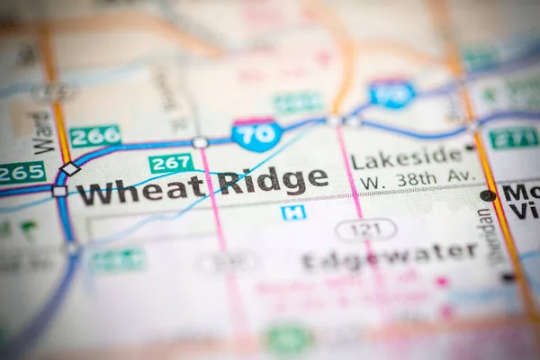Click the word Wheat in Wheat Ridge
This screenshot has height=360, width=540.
click(140, 189)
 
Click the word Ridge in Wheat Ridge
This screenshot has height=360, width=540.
click(268, 180)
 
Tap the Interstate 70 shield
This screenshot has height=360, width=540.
click(256, 135)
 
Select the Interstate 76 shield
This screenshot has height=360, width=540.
click(391, 94)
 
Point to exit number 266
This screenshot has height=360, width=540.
click(94, 136)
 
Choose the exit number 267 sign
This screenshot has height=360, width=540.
click(171, 164)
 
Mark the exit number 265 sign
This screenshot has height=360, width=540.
click(22, 172)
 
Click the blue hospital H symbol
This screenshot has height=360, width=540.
click(292, 212)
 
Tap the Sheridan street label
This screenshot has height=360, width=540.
click(488, 237)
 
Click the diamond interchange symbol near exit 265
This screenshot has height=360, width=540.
click(69, 168)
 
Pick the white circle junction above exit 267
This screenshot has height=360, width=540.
click(200, 142)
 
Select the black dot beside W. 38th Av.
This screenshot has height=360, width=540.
click(488, 195)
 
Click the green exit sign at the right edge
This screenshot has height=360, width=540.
click(514, 138)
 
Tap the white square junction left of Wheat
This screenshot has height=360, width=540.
click(59, 191)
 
